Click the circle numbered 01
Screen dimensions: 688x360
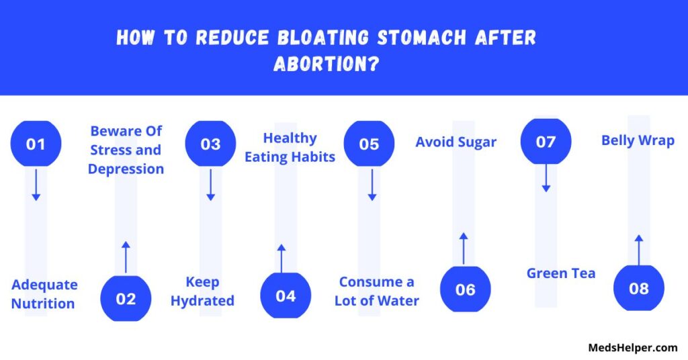pyautogui.click(x=36, y=143)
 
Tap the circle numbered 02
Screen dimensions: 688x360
pyautogui.click(x=126, y=298)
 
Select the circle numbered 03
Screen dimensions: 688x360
pyautogui.click(x=210, y=143)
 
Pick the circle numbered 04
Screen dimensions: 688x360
pyautogui.click(x=286, y=296)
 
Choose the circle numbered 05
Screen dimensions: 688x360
pyautogui.click(x=369, y=143)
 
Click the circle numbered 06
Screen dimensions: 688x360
pyautogui.click(x=466, y=289)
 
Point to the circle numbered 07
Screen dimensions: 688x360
pyautogui.click(x=546, y=141)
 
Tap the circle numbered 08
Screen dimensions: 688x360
pyautogui.click(x=639, y=287)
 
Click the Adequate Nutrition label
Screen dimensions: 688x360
pyautogui.click(x=44, y=294)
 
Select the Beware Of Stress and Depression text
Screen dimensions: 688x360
pyautogui.click(x=126, y=150)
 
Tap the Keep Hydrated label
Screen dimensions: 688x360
pyautogui.click(x=202, y=291)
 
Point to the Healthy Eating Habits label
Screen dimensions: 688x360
pyautogui.click(x=290, y=147)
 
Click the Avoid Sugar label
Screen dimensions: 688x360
pyautogui.click(x=456, y=142)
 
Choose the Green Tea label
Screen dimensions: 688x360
pyautogui.click(x=561, y=273)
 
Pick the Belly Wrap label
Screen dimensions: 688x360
pyautogui.click(x=638, y=140)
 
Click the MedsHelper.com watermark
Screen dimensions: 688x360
pyautogui.click(x=633, y=348)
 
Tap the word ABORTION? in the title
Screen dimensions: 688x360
pyautogui.click(x=326, y=64)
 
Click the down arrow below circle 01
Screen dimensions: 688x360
pyautogui.click(x=36, y=185)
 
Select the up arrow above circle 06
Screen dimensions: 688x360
pyautogui.click(x=464, y=249)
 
